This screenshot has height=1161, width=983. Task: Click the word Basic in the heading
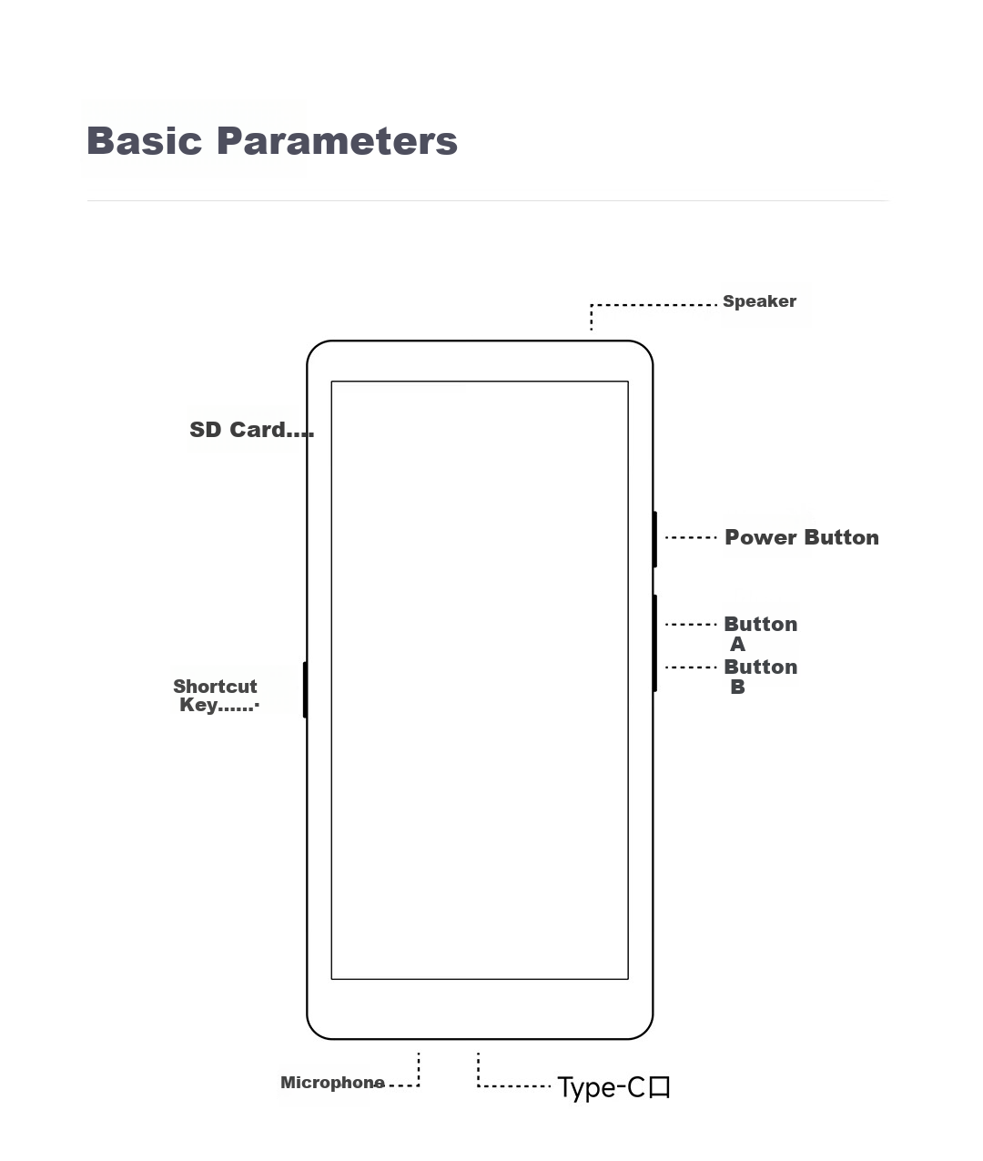coord(145,140)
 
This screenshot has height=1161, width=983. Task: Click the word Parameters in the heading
coord(337,140)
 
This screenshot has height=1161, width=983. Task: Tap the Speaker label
coord(759,301)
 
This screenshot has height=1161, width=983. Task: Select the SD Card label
coord(237,430)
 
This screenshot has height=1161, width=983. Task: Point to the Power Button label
coord(802,537)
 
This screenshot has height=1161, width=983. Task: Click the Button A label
coord(760,634)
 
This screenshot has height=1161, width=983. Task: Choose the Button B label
coord(760,677)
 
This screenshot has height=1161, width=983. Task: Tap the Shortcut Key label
coord(215,696)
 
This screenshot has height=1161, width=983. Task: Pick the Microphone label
coord(332,1083)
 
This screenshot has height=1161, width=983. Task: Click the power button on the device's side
coord(654,539)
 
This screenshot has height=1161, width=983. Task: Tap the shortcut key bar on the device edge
coord(305,689)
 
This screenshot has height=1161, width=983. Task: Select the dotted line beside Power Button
coord(691,537)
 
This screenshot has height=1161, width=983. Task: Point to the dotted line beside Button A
coord(691,624)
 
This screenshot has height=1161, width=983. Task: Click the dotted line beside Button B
coord(691,667)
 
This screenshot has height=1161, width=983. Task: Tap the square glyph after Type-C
coord(660,1087)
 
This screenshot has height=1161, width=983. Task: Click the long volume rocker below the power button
coord(654,643)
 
